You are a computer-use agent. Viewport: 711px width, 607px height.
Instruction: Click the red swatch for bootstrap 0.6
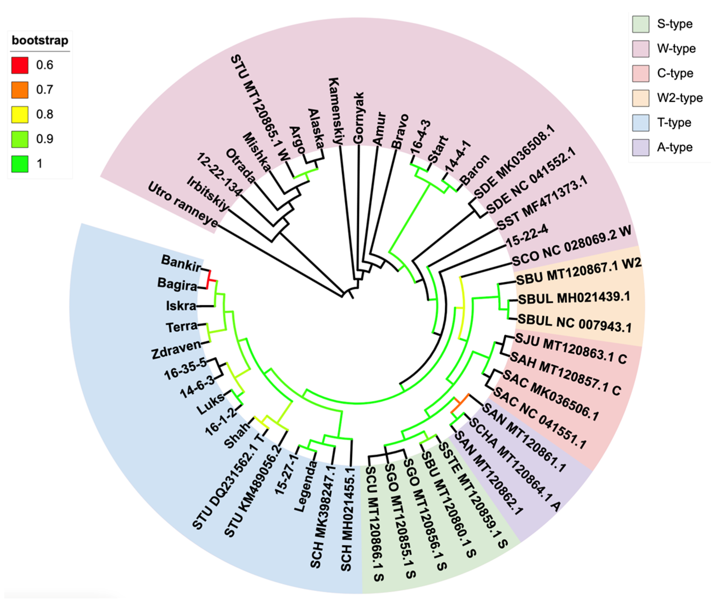[x=20, y=65]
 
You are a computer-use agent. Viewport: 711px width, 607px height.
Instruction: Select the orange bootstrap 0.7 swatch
[x=20, y=90]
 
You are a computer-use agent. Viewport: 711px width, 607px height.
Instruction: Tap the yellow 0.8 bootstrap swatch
[x=20, y=115]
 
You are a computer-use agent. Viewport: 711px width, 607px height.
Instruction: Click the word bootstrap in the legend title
[x=40, y=40]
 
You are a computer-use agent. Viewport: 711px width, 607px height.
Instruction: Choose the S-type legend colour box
[x=640, y=24]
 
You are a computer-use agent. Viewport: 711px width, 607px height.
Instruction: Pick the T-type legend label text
[x=674, y=122]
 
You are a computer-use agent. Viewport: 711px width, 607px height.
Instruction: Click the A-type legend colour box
[x=640, y=147]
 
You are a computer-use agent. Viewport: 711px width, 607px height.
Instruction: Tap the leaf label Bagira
[x=177, y=284]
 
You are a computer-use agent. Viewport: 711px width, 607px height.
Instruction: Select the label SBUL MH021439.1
[x=574, y=298]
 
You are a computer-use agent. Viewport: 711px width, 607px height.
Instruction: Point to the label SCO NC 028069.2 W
[x=571, y=246]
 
